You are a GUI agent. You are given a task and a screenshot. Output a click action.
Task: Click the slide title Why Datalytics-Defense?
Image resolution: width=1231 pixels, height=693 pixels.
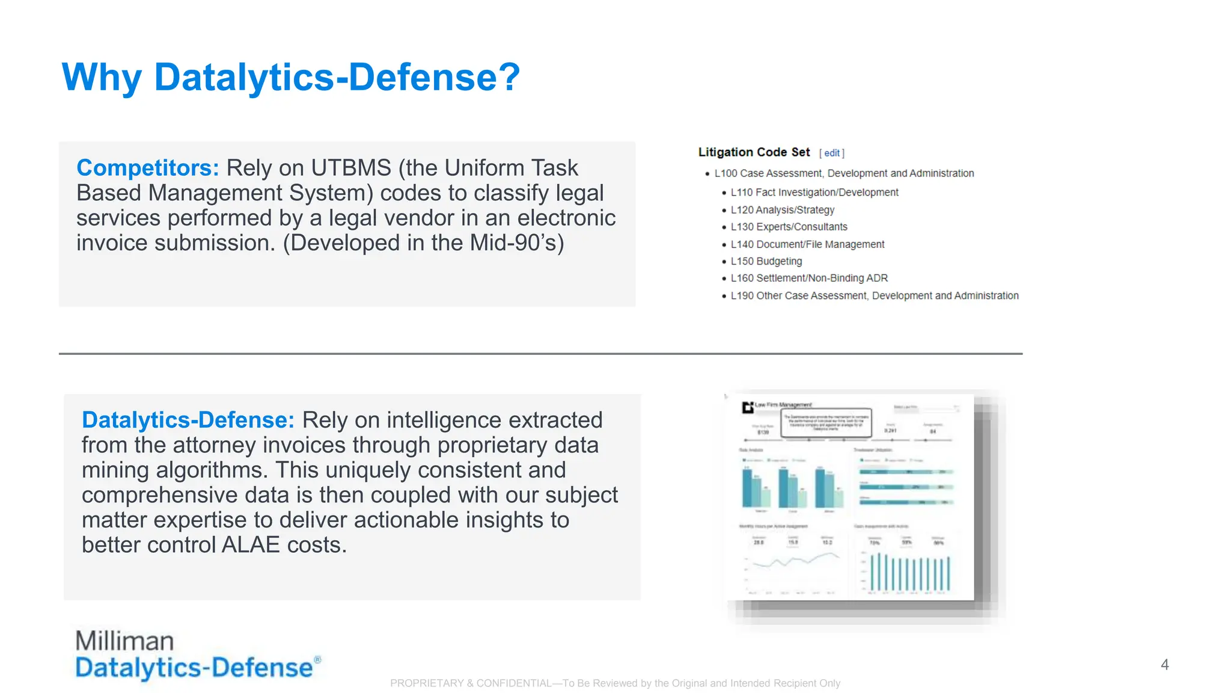(x=290, y=78)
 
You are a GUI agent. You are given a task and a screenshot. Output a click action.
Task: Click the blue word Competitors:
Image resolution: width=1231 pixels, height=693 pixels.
(x=148, y=168)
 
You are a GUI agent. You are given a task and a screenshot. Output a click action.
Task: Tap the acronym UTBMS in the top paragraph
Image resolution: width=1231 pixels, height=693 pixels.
(x=351, y=168)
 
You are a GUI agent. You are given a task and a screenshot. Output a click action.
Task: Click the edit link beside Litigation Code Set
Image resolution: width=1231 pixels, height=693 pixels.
(x=831, y=153)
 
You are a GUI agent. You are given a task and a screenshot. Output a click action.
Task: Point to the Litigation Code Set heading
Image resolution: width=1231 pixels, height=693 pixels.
(x=754, y=152)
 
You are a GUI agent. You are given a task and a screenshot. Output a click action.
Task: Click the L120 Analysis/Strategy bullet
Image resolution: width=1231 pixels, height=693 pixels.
(x=782, y=210)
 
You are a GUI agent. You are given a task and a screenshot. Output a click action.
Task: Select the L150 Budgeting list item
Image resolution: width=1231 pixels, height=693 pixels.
(x=766, y=261)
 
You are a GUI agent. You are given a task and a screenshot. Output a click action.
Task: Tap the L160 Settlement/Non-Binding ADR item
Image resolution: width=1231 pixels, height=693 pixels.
(x=808, y=278)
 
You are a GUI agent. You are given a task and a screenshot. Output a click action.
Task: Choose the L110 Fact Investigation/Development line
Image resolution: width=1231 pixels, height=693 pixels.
(x=814, y=192)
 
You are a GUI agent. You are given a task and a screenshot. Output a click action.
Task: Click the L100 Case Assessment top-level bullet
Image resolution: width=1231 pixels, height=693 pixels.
(x=843, y=173)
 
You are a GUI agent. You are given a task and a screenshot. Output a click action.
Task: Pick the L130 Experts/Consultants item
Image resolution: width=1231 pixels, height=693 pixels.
(x=789, y=227)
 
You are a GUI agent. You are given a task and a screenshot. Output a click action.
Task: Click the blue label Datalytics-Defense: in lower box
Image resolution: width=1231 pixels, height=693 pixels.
(x=188, y=420)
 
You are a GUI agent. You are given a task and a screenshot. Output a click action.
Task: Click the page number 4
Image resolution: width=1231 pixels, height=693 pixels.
(x=1164, y=665)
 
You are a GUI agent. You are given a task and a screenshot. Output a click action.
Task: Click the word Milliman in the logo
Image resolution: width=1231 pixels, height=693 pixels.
(x=124, y=641)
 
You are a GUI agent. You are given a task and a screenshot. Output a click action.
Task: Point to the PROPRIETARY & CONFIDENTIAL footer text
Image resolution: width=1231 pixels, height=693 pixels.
(x=615, y=683)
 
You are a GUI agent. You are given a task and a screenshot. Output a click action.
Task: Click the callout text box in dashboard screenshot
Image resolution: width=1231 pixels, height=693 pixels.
(x=826, y=423)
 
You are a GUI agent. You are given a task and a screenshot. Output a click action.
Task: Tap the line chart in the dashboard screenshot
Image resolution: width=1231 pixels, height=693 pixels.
(x=792, y=562)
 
